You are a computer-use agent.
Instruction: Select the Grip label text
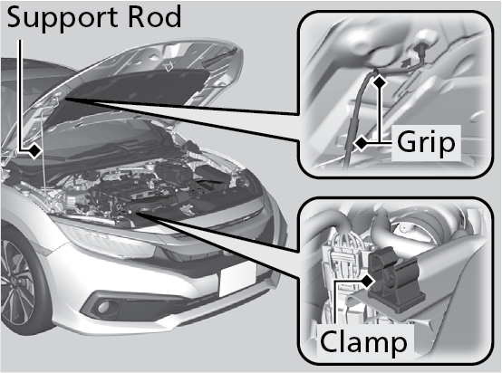(426, 142)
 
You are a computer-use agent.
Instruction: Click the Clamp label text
(363, 341)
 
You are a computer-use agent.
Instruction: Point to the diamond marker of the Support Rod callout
(34, 150)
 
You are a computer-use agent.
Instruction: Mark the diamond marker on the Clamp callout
(369, 282)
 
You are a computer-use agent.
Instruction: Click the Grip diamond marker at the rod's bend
(380, 81)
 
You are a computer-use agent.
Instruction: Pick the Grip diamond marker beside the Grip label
(362, 143)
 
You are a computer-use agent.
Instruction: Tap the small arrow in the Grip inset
(407, 63)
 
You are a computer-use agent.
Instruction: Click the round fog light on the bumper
(103, 308)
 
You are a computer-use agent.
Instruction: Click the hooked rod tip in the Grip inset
(420, 53)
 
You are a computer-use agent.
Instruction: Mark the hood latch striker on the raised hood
(168, 68)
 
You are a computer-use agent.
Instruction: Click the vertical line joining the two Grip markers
(380, 112)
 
